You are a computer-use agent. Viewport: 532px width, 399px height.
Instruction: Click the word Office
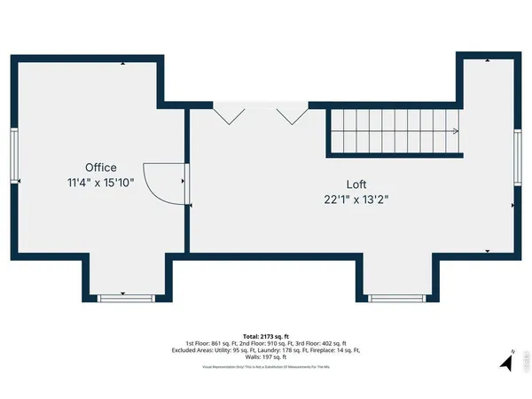pos(100,168)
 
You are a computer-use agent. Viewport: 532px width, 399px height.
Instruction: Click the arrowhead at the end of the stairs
pos(455,132)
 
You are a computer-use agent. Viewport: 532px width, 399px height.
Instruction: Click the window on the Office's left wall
pos(14,158)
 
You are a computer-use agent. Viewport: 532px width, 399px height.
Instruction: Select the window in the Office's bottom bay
pos(125,298)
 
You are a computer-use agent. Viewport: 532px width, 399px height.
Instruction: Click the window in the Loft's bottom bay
pos(395,298)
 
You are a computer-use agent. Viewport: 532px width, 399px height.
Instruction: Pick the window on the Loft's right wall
pos(518,158)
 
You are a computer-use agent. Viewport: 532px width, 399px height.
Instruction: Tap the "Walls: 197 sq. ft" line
pos(266,358)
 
